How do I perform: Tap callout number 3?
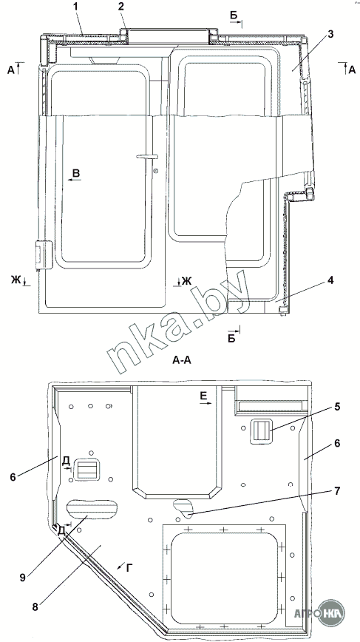click(330, 34)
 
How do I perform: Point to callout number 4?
click(330, 281)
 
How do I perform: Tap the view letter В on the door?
click(76, 173)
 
